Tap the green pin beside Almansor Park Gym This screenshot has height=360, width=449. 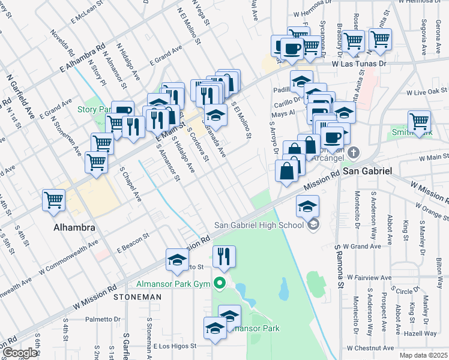[x=220, y=283]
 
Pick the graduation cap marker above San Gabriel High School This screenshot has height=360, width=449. [x=307, y=206]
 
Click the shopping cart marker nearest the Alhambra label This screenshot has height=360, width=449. [x=54, y=200]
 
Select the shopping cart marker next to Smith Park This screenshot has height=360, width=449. [x=419, y=122]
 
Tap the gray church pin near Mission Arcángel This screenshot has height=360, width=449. [x=354, y=152]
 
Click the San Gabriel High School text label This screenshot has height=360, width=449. [x=259, y=226]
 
